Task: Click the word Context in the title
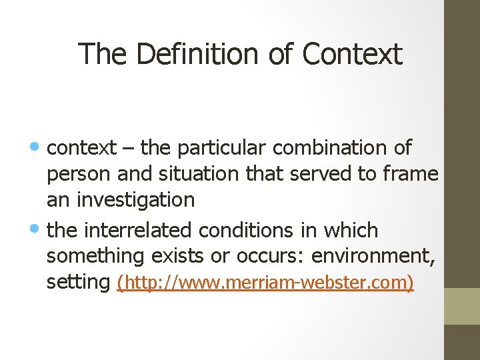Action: (352, 54)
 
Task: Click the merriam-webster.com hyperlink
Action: (265, 283)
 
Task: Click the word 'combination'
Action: (332, 147)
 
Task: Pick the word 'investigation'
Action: (135, 200)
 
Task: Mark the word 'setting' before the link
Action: (78, 283)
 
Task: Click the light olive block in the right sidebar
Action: (462, 306)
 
